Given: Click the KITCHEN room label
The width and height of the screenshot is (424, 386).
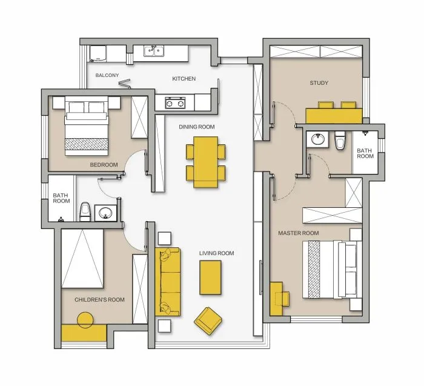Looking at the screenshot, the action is pyautogui.click(x=184, y=79).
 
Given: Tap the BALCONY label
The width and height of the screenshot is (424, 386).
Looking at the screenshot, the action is pyautogui.click(x=107, y=75).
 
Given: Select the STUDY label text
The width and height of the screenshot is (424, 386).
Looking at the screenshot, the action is pyautogui.click(x=319, y=83).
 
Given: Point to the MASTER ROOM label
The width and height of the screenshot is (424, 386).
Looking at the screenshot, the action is pyautogui.click(x=299, y=233).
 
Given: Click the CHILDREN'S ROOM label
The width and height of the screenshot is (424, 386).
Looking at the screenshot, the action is pyautogui.click(x=99, y=300).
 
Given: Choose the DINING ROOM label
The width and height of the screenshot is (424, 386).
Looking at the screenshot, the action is pyautogui.click(x=197, y=127).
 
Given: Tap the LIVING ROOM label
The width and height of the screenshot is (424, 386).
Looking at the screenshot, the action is pyautogui.click(x=217, y=253).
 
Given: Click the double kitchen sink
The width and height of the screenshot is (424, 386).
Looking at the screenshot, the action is pyautogui.click(x=154, y=51).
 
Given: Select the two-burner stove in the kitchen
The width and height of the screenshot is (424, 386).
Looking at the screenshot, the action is pyautogui.click(x=175, y=103).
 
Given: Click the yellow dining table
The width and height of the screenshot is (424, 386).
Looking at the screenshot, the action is pyautogui.click(x=206, y=162).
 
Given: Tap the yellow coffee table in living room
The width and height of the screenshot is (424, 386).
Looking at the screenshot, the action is pyautogui.click(x=210, y=278).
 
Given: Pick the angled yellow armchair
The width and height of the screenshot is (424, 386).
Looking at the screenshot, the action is pyautogui.click(x=208, y=321).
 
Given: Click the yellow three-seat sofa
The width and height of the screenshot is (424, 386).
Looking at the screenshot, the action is pyautogui.click(x=168, y=282).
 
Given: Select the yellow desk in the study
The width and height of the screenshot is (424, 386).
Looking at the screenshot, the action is pyautogui.click(x=334, y=116).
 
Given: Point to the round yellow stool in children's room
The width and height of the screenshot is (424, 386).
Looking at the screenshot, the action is pyautogui.click(x=85, y=320).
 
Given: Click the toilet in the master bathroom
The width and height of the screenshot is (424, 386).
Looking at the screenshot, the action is pyautogui.click(x=339, y=140).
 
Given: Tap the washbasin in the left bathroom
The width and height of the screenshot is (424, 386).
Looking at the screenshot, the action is pyautogui.click(x=105, y=213).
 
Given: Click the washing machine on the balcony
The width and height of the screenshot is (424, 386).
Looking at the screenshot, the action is pyautogui.click(x=98, y=53).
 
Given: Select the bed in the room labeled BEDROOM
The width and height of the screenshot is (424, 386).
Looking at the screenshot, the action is pyautogui.click(x=87, y=126).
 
